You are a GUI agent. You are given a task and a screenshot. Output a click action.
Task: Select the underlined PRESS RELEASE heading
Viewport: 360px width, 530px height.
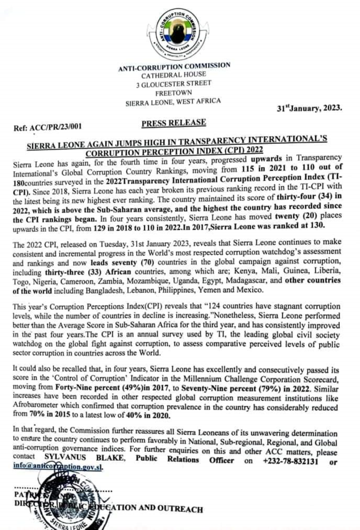coord(174,122)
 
